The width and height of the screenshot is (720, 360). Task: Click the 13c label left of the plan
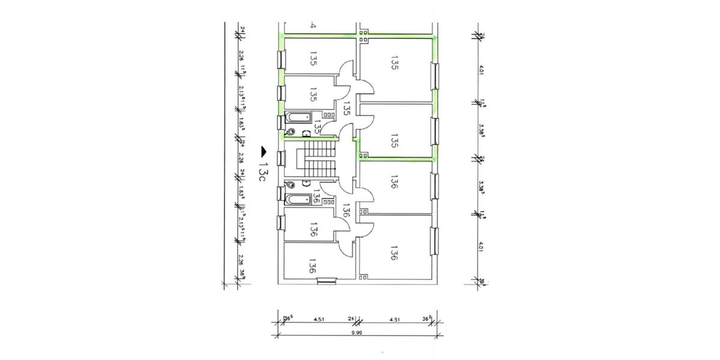(x=262, y=169)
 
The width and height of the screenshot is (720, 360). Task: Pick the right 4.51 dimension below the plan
(x=394, y=319)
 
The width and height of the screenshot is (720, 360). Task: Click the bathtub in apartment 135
(x=298, y=116)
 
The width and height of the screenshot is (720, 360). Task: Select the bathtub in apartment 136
(x=298, y=199)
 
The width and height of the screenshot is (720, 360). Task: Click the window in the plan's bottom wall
(x=326, y=280)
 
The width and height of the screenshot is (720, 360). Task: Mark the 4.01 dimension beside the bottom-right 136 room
(x=481, y=247)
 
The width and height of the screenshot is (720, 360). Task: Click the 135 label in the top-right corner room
(x=394, y=64)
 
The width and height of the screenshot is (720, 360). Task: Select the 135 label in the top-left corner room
(x=313, y=58)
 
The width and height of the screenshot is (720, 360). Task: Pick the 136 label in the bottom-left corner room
(x=312, y=266)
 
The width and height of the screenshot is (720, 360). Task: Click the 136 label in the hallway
(x=346, y=210)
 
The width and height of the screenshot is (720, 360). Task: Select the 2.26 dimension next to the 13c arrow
(x=241, y=158)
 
